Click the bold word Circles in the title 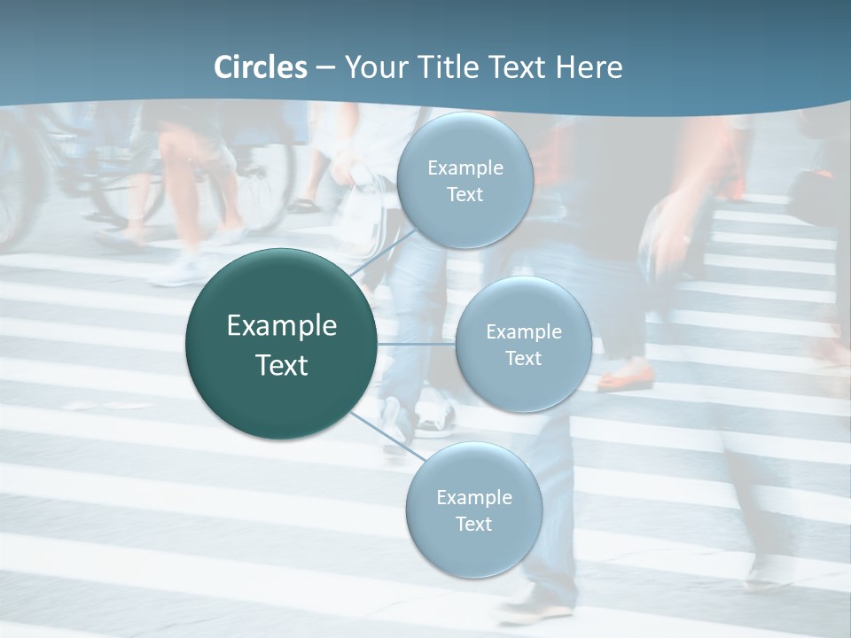click(261, 67)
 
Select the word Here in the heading click(589, 67)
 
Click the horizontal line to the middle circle click(417, 344)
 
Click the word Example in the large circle click(282, 326)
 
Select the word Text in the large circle click(282, 365)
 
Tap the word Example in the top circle click(465, 168)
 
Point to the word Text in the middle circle click(523, 358)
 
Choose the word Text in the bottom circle click(473, 524)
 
